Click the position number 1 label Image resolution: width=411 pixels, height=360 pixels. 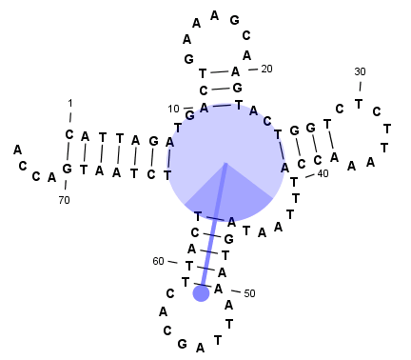point(69,103)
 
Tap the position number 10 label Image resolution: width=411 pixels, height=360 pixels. point(174,108)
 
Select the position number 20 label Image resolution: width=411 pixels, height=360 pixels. point(266,69)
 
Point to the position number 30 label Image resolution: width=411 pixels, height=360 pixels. point(360,71)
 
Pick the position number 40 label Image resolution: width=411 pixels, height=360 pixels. point(323,173)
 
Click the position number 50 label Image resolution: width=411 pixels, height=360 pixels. point(249,293)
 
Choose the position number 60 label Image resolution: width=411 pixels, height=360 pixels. point(158,261)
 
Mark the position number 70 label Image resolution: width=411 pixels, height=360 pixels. point(64,200)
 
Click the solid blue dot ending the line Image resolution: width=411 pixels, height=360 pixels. point(201,293)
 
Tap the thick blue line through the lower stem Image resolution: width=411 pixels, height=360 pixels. point(213,229)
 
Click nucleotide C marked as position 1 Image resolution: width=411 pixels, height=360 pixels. point(69,134)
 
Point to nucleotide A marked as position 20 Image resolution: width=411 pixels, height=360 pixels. point(235,71)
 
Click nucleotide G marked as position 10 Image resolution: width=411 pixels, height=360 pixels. point(190,117)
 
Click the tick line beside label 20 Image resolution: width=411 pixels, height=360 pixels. point(251,70)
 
